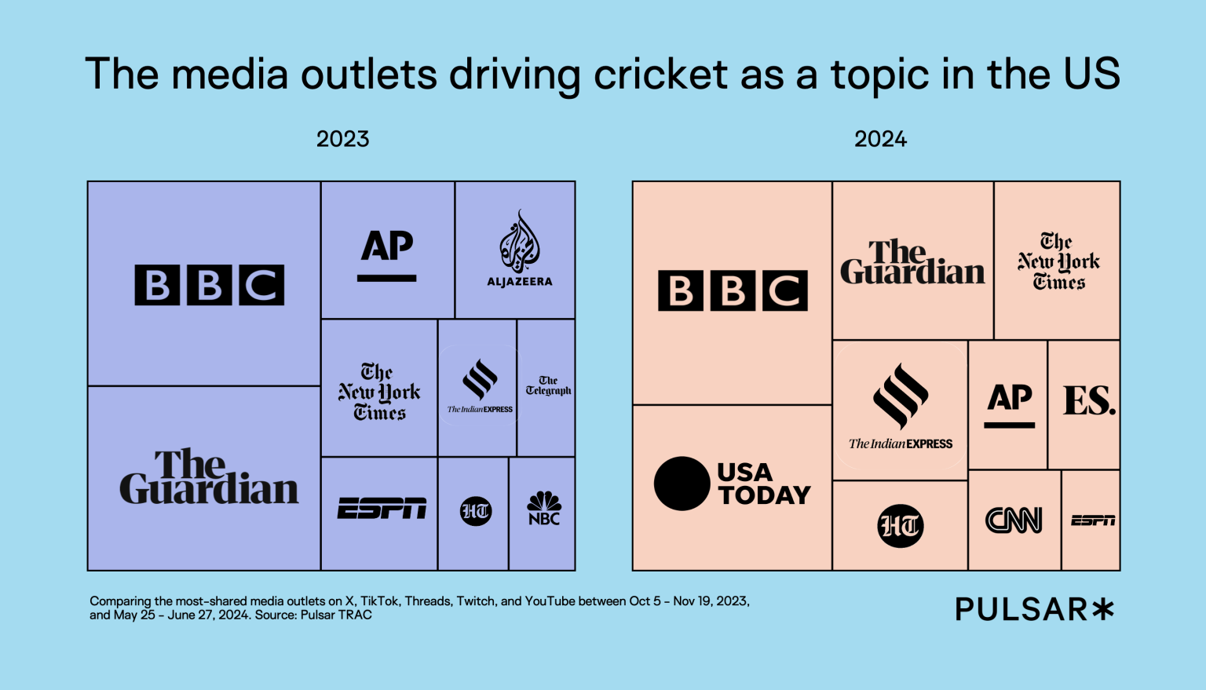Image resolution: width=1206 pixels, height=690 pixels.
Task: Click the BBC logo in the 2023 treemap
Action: coord(209,285)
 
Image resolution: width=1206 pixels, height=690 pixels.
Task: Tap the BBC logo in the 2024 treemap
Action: coord(733,290)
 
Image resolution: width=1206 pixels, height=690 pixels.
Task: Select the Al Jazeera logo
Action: coord(519,249)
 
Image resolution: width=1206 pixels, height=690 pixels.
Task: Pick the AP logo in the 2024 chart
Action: coord(1010,404)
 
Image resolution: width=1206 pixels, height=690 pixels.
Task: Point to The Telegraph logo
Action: coord(548,385)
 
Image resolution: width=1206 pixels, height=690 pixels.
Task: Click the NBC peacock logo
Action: coord(544,508)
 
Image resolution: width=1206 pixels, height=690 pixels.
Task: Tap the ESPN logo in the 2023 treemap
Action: coord(382,509)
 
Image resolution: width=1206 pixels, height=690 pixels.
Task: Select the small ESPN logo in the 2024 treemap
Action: coord(1093,520)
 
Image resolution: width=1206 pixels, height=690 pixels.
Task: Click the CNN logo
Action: coord(1014,520)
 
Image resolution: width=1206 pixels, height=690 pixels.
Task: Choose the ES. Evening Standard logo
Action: coord(1088,401)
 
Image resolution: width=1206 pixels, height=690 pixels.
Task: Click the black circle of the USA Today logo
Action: coord(682,484)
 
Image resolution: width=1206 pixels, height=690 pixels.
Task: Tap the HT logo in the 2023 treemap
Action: coord(476,512)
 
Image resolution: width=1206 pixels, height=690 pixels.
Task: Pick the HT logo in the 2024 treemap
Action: coord(900,525)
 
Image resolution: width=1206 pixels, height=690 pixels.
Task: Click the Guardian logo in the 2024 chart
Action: coord(912,262)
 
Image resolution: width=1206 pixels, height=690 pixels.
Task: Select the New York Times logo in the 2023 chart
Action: coord(379,392)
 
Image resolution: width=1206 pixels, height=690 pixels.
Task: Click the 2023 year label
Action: coord(342,139)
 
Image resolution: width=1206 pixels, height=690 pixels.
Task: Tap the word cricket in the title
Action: coord(660,75)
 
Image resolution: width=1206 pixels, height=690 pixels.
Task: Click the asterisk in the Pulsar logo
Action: coord(1103,609)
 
